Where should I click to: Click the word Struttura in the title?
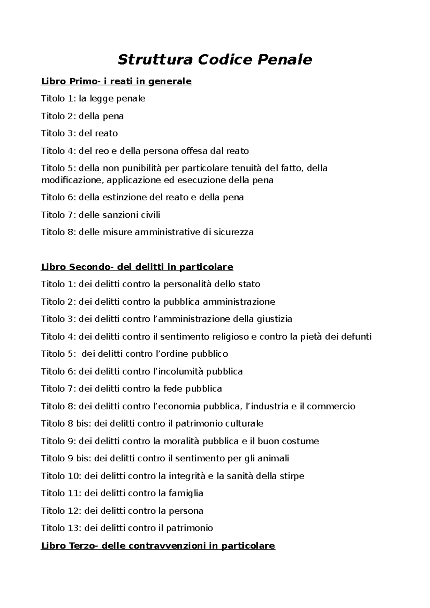(x=156, y=59)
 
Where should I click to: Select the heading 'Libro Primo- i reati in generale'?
(x=116, y=81)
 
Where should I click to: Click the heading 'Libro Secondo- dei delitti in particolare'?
(x=137, y=267)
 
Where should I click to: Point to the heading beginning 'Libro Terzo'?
(x=158, y=546)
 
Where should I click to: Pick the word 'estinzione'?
(x=124, y=197)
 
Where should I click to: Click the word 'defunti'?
(x=356, y=337)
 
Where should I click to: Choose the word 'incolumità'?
(x=181, y=371)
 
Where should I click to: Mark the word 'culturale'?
(x=244, y=424)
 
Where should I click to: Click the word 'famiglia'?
(x=186, y=493)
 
